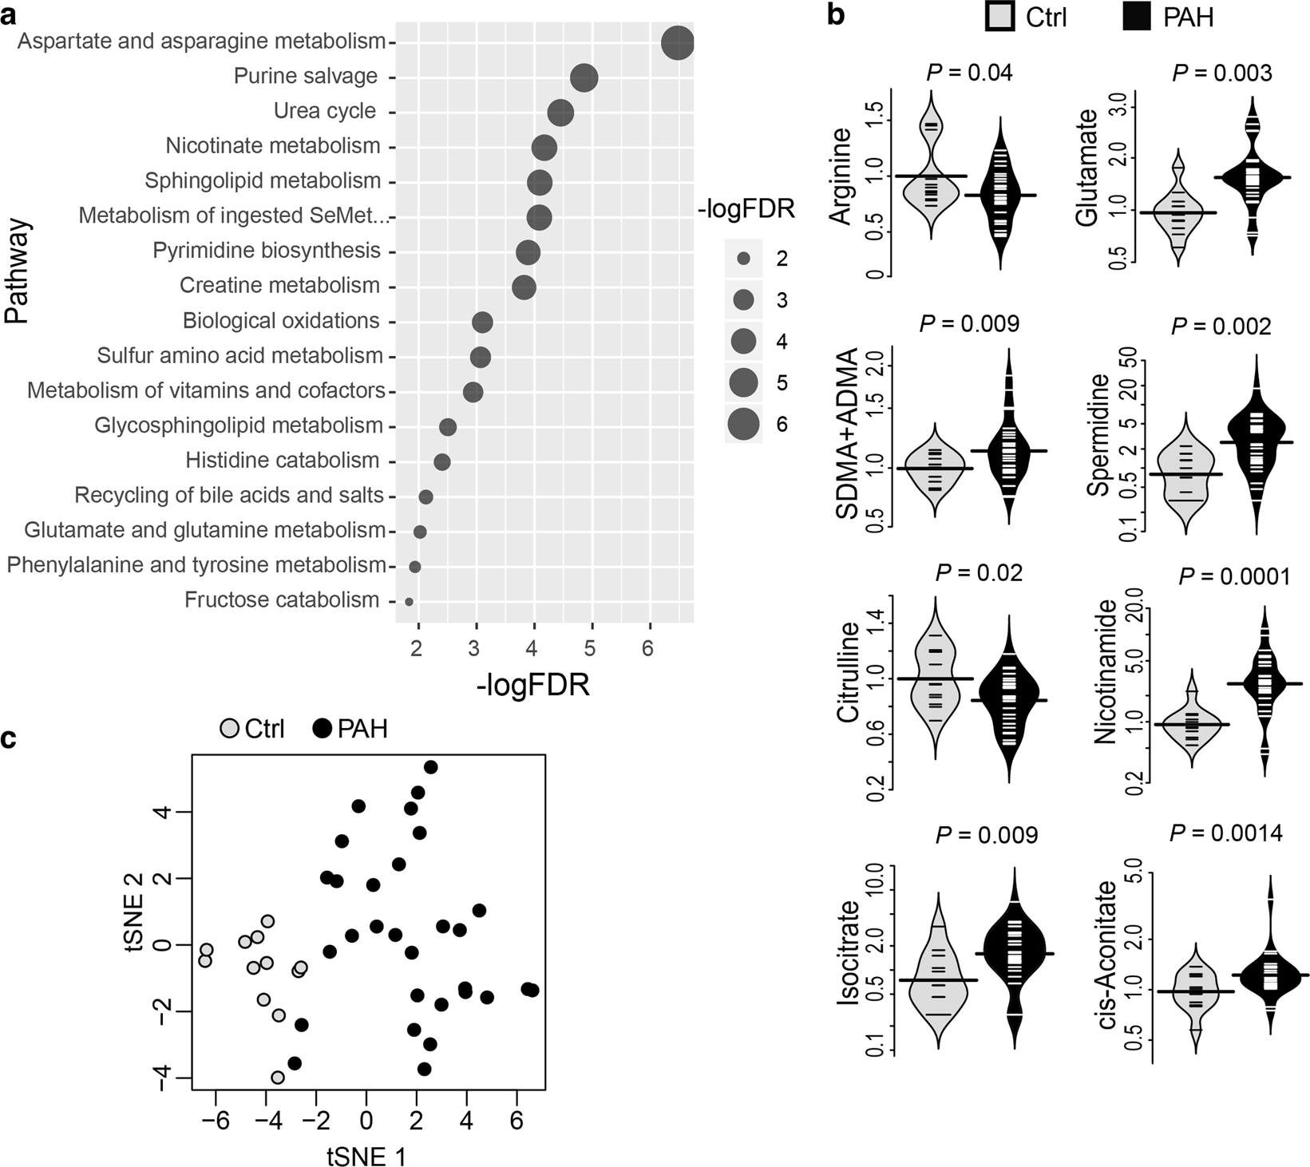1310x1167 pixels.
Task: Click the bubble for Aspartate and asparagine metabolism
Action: coord(678,42)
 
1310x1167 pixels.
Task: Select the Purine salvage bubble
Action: coord(585,78)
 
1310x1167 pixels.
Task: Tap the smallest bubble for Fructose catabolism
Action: coord(410,602)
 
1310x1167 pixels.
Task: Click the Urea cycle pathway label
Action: coord(325,111)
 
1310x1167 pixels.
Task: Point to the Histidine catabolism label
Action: coord(282,461)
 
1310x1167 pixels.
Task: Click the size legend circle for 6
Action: coord(743,424)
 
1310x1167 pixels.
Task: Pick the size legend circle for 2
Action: coord(743,259)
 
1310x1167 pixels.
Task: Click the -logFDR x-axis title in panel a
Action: coord(532,685)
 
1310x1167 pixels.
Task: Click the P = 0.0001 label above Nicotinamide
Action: coord(1234,576)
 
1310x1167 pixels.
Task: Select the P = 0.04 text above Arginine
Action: coord(969,73)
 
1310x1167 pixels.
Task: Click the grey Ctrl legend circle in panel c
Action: coord(230,728)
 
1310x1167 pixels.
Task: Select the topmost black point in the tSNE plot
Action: coord(430,767)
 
